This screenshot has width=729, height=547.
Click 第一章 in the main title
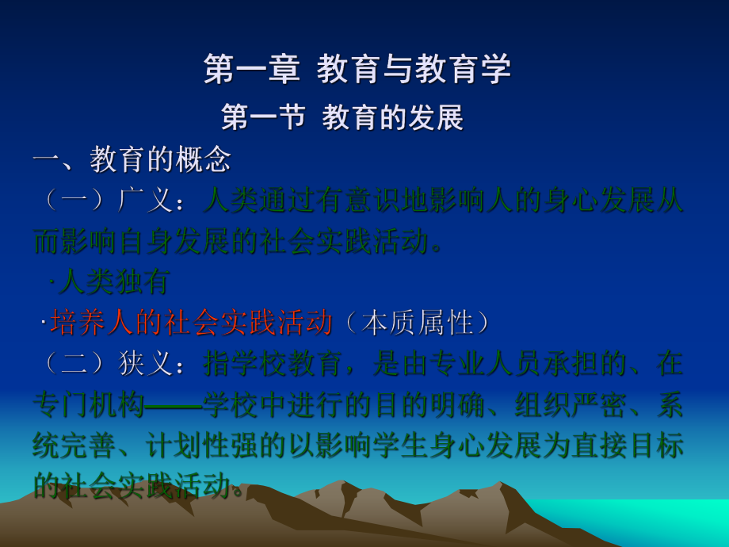click(x=252, y=70)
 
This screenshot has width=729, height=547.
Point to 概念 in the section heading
click(x=203, y=159)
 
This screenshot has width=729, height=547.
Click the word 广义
click(x=147, y=200)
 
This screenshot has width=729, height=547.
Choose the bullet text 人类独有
click(x=115, y=281)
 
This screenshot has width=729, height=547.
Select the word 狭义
click(x=147, y=363)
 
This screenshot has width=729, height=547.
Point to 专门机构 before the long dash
click(x=89, y=404)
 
